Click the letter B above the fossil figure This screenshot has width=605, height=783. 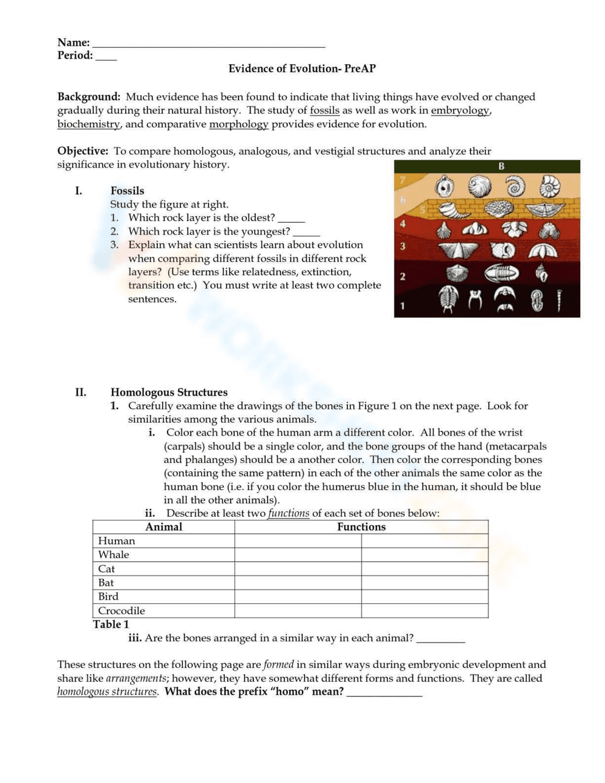pos(501,166)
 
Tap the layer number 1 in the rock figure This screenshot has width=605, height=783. pos(403,306)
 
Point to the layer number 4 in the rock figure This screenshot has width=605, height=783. pos(403,224)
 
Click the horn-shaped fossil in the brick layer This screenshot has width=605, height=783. pos(454,210)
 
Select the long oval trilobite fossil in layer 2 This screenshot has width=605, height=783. pos(501,274)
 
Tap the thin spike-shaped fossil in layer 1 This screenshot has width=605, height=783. pos(559,300)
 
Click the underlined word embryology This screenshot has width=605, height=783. pos(460,110)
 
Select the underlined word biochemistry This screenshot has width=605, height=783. pos(88,124)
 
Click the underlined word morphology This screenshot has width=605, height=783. pos(238,124)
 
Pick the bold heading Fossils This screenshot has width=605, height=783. pos(127,191)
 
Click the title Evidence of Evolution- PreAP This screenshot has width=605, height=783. pos(302,68)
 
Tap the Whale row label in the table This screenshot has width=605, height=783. pos(114,554)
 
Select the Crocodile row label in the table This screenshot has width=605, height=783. pos(122,611)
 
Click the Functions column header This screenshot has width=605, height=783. pos(361,526)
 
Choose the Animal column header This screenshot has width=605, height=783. pos(163,526)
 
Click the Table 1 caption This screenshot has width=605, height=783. pos(111,624)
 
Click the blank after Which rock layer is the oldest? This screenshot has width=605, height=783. pos(291,220)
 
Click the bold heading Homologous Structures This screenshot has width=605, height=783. pos(169,392)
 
